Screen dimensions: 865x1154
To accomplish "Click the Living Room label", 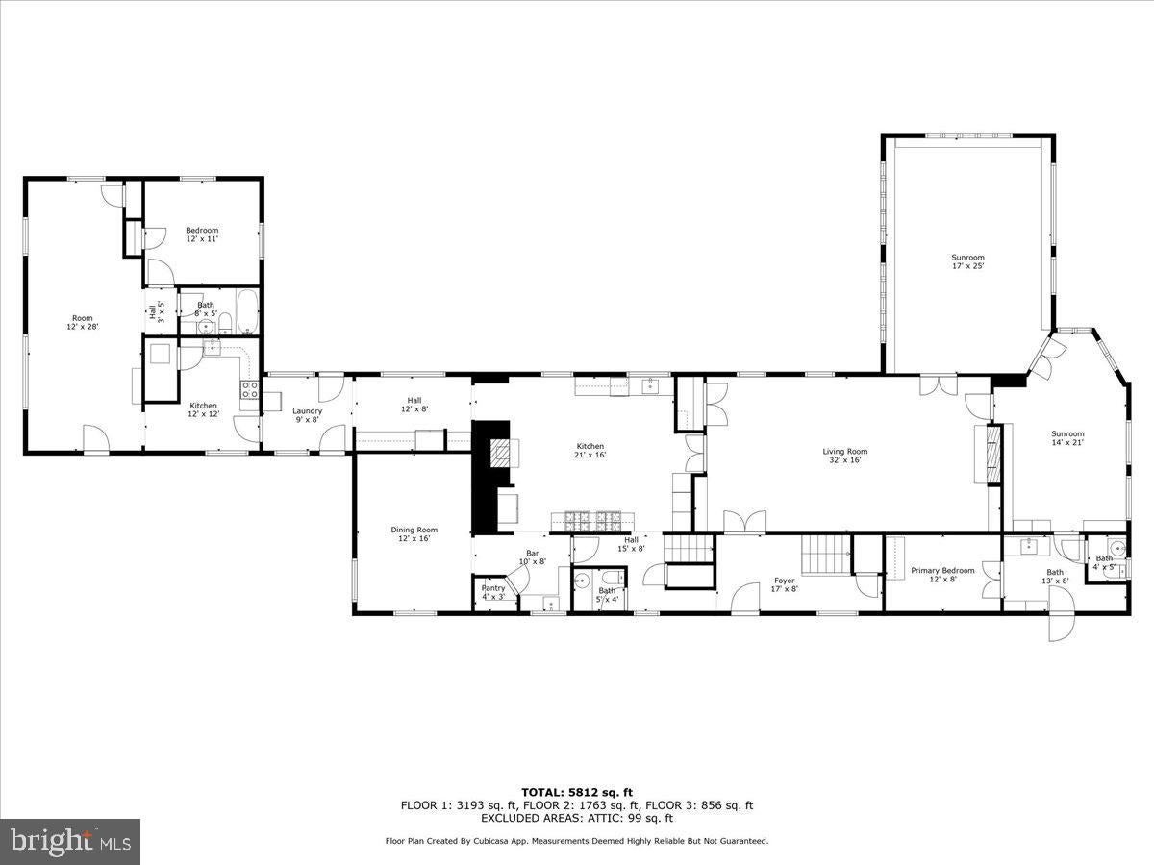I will coord(844,456).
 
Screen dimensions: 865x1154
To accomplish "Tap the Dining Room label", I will coord(414,533).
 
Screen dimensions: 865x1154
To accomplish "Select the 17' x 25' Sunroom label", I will coord(967,261).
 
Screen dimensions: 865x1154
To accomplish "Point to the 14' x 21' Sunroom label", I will coord(1066,437).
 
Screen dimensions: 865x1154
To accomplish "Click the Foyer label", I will coord(785,584).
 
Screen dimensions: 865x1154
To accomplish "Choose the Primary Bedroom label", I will coord(942,575).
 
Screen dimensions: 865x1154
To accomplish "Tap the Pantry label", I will coord(492,591).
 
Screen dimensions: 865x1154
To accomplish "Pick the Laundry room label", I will coord(307,415).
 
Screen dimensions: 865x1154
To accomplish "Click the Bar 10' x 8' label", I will coord(532,556).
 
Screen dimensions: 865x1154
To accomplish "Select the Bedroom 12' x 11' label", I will coord(202,234).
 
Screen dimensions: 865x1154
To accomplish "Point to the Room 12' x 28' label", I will coord(83,322).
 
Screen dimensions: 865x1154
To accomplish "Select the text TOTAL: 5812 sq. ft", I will coord(577,792).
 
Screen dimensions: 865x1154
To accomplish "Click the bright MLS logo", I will coord(69,842).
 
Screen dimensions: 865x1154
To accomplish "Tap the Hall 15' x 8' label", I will coord(631,545).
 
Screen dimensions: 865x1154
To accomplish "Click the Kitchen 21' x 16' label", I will coord(590,450).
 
